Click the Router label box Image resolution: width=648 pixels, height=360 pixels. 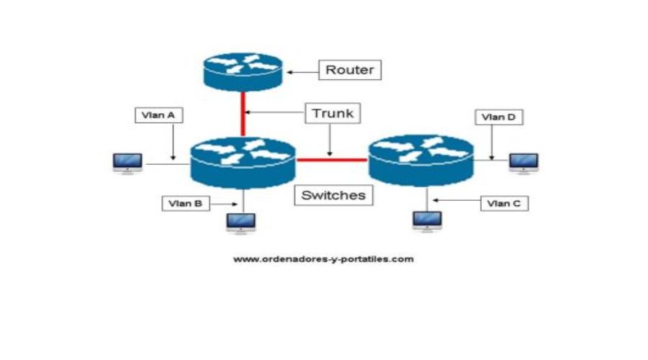click(x=351, y=70)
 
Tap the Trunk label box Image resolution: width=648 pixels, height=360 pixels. click(x=332, y=113)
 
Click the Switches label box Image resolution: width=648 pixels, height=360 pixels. click(x=333, y=195)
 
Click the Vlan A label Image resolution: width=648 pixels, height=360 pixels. click(x=159, y=115)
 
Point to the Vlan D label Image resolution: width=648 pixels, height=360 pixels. click(x=499, y=117)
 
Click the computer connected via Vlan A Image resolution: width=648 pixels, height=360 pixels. click(x=127, y=163)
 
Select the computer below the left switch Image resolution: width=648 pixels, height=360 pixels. click(x=240, y=223)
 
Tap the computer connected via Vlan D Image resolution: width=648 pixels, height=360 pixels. click(x=523, y=163)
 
